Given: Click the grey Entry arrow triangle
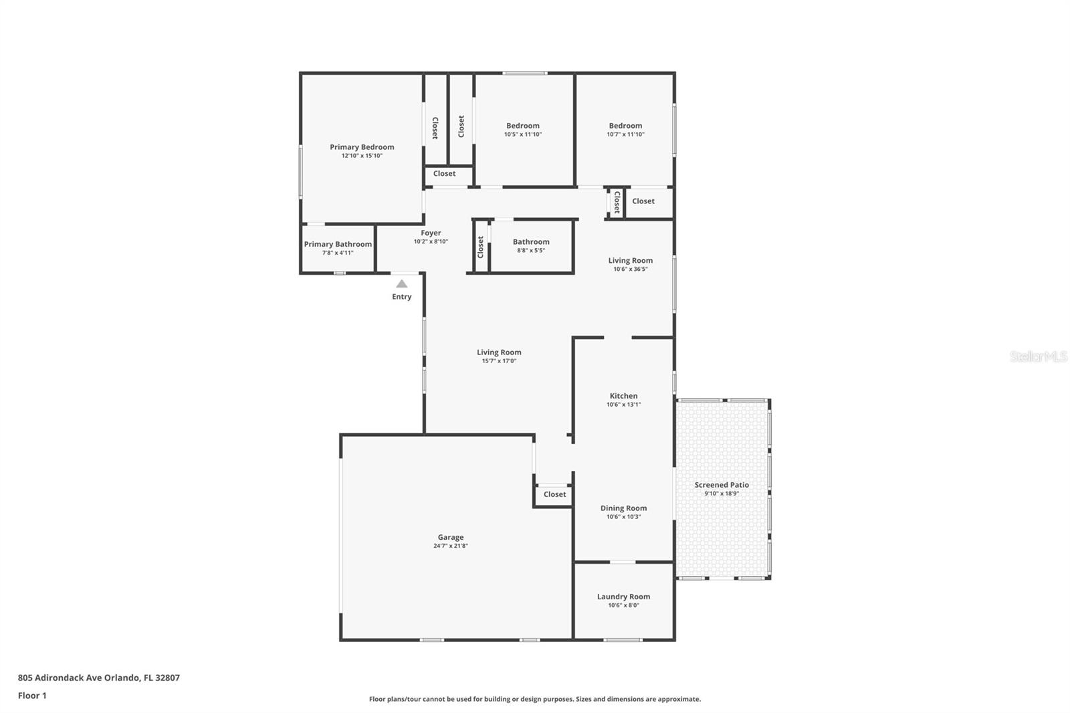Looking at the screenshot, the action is pos(402,284).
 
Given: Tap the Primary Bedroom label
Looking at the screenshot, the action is pos(362,147).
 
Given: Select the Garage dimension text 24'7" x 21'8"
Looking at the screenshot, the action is pos(451,546).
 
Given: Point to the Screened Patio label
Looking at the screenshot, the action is pos(722,484).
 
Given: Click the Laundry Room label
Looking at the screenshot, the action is pos(623,597).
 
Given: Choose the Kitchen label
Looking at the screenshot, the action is pos(623,396).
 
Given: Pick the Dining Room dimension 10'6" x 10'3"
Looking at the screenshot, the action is pos(623,516).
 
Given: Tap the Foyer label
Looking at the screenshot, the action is pos(431,233).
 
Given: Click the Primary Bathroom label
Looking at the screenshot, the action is pos(338,244).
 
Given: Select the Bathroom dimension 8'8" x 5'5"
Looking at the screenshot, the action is pos(531,250).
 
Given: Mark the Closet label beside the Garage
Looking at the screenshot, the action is pos(554,494).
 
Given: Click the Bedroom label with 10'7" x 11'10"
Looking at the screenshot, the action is pos(625,126).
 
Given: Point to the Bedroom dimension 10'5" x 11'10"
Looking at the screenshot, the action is pos(522,134).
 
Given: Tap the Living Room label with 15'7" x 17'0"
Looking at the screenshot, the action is pos(499,352).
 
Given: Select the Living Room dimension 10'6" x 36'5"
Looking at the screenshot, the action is pos(631,269).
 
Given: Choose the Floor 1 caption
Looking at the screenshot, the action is pos(32,696).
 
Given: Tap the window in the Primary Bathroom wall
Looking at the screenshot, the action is pos(339,274).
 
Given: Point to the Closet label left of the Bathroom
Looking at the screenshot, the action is pos(481,247).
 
